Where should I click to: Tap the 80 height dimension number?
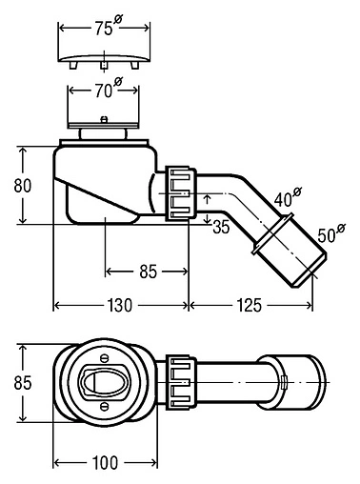[23, 186]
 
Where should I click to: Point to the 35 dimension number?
[221, 227]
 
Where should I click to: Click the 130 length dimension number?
[119, 306]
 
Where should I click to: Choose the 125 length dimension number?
[249, 306]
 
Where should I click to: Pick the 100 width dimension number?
[105, 463]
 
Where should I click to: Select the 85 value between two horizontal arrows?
[149, 272]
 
